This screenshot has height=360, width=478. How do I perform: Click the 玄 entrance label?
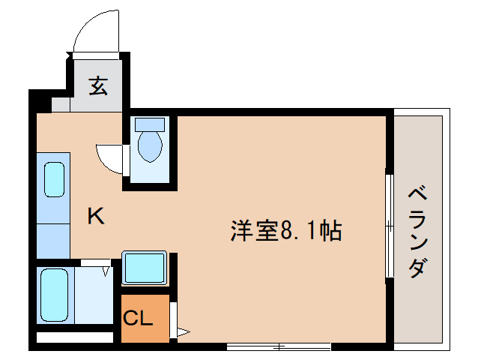(x=98, y=86)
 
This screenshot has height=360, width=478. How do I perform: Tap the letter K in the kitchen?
(x=96, y=217)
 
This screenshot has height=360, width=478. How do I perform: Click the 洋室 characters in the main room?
(x=254, y=230)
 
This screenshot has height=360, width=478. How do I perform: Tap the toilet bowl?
(x=150, y=147)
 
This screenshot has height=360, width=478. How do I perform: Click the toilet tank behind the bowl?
(x=150, y=124)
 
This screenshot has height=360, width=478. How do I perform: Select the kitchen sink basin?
(x=54, y=178)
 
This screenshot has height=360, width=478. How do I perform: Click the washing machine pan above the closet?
(x=144, y=268)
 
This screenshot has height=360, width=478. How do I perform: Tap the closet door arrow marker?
(x=183, y=330)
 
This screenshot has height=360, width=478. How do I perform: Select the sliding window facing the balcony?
(x=388, y=225)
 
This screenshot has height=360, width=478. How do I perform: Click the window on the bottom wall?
(x=278, y=346)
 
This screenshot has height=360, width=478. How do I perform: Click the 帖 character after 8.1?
(x=330, y=230)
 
